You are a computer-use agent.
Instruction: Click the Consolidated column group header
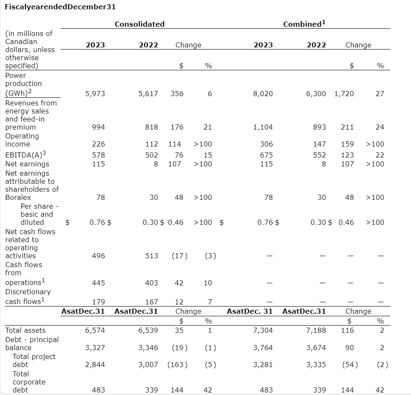pyautogui.click(x=139, y=24)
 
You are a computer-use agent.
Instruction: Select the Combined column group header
pyautogui.click(x=304, y=24)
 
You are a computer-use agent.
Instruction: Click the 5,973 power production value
pyautogui.click(x=95, y=94)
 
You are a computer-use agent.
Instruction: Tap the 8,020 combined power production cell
pyautogui.click(x=263, y=94)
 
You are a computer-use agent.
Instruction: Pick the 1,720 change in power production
pyautogui.click(x=344, y=94)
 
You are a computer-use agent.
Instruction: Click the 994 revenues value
pyautogui.click(x=98, y=127)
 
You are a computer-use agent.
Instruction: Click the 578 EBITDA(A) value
pyautogui.click(x=98, y=155)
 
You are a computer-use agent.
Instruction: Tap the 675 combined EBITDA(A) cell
pyautogui.click(x=266, y=155)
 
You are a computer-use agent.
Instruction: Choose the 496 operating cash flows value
pyautogui.click(x=98, y=256)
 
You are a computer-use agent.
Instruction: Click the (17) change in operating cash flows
pyautogui.click(x=180, y=256)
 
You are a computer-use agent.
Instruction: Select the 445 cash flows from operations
pyautogui.click(x=98, y=283)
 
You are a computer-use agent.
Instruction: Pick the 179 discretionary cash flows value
pyautogui.click(x=98, y=302)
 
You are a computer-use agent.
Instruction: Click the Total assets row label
pyautogui.click(x=25, y=330)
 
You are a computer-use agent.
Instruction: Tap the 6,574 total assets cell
pyautogui.click(x=95, y=330)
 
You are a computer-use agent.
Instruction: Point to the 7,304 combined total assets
pyautogui.click(x=263, y=330)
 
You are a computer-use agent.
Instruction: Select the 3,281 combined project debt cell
pyautogui.click(x=263, y=365)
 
